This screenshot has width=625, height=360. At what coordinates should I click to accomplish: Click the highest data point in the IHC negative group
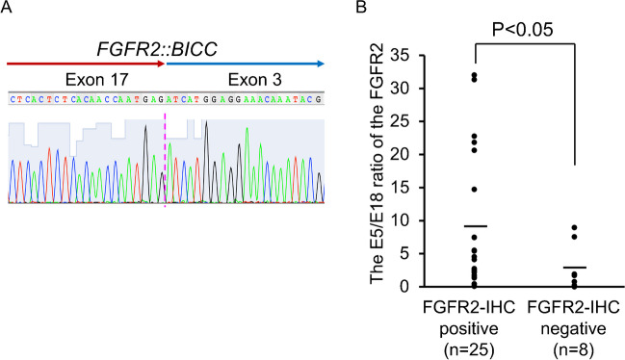click(x=574, y=228)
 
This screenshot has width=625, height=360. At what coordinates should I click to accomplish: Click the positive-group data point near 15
click(x=473, y=190)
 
